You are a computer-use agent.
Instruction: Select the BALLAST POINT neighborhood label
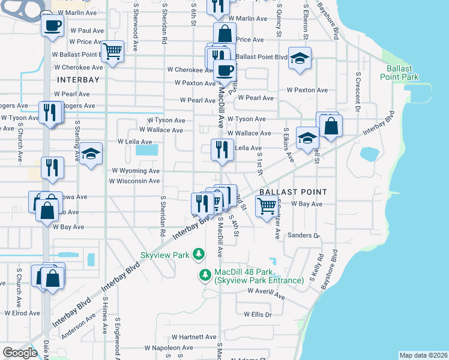coord(293,192)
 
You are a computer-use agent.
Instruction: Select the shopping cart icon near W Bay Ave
coord(267,206)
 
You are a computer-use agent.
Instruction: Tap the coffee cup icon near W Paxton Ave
coord(225,70)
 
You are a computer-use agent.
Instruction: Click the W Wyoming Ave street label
coord(136,171)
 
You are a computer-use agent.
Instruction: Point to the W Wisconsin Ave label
coord(133,181)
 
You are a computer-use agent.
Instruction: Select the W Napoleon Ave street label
coord(169,347)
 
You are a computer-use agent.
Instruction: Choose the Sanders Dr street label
coord(304,235)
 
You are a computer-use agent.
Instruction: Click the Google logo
coord(20,353)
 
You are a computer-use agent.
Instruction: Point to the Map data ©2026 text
coord(423,355)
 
